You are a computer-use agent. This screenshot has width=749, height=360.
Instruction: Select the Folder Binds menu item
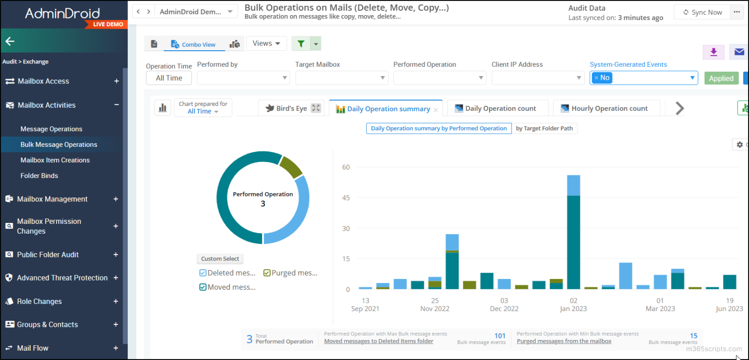(x=39, y=176)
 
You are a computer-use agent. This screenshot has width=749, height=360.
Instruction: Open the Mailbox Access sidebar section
(x=43, y=81)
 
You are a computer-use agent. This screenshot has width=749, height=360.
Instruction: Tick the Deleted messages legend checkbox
(x=203, y=273)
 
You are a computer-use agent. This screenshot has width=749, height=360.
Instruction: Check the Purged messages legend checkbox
(x=267, y=273)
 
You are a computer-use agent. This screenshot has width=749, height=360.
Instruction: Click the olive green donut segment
(x=291, y=166)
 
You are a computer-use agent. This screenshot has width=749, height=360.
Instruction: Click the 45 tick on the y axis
(x=346, y=198)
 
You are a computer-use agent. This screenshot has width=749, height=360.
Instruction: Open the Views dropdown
(x=266, y=43)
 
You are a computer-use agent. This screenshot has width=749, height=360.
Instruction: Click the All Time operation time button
(x=169, y=78)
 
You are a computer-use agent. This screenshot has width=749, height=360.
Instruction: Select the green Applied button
(x=721, y=78)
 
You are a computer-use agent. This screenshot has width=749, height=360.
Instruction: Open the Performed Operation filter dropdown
(x=439, y=78)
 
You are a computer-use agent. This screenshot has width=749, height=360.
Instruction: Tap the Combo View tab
(x=193, y=44)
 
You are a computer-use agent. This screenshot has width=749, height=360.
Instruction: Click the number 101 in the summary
(x=500, y=336)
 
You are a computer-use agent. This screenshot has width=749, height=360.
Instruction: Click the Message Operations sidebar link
(x=51, y=129)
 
